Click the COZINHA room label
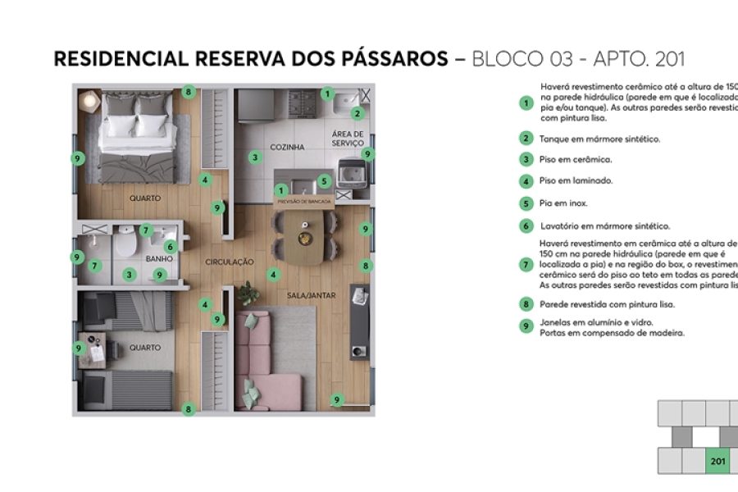click(x=287, y=147)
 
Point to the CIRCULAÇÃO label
click(x=230, y=262)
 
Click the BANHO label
click(x=158, y=258)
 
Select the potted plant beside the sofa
click(x=247, y=291)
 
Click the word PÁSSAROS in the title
click(x=398, y=59)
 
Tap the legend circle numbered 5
click(x=526, y=203)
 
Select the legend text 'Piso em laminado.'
click(x=576, y=181)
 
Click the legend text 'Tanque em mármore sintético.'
click(x=599, y=139)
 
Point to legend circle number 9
click(x=526, y=327)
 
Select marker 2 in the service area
click(x=357, y=114)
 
